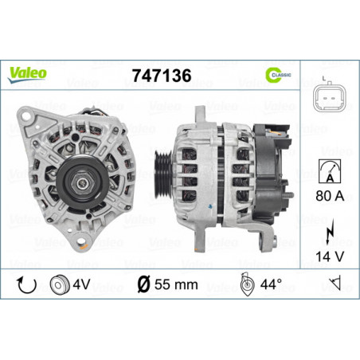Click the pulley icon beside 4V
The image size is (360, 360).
pos(58,284)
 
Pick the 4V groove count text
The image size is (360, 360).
pos(81,284)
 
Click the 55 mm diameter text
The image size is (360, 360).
pos(168,284)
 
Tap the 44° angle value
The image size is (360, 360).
pos(275,284)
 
